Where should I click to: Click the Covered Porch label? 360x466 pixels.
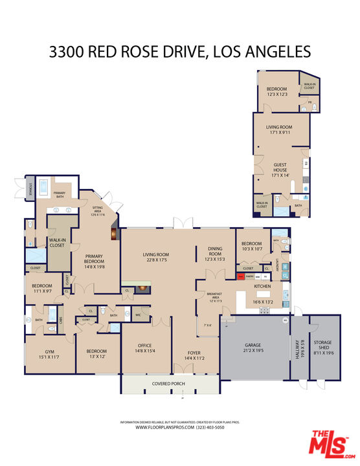(x=168, y=384)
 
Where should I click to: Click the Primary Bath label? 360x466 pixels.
(x=59, y=193)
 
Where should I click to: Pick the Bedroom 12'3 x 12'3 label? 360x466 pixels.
(x=276, y=92)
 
